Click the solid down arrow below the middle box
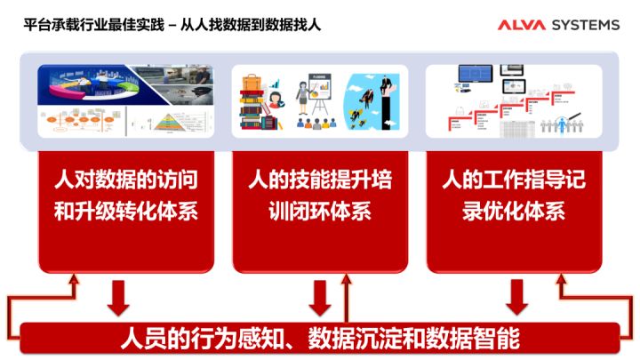point(318,297)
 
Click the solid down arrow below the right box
point(515,297)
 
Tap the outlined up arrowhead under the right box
point(562,283)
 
